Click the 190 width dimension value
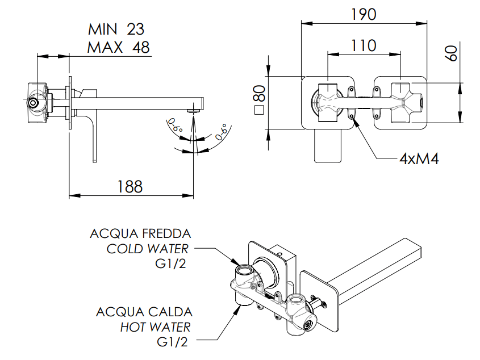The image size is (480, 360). tap(363, 14)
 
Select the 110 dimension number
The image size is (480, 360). tap(364, 45)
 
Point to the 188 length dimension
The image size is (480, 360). tap(130, 186)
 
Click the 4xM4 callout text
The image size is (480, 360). tap(419, 158)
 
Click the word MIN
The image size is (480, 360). tap(104, 29)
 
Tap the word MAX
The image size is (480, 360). tap(105, 47)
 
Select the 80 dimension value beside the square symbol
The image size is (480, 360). tap(259, 91)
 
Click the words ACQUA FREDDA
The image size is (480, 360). tap(140, 234)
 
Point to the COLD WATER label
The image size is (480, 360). tap(149, 249)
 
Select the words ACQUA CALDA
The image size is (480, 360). tap(144, 312)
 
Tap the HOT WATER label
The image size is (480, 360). tap(155, 326)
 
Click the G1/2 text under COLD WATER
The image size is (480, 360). tap(170, 263)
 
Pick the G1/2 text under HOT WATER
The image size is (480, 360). tap(171, 342)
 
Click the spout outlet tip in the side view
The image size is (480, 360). tap(195, 106)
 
